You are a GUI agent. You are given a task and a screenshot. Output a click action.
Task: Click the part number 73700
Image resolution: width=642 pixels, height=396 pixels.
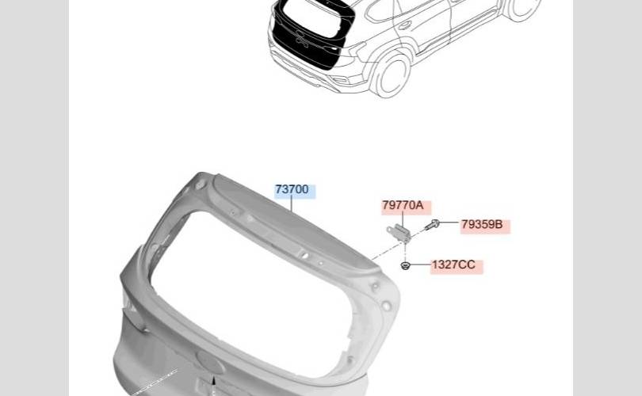point(292,190)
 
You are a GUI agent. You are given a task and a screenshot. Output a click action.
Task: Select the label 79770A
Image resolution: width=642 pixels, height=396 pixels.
point(403,205)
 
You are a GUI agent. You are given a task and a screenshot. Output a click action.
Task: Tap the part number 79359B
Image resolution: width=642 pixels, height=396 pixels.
point(482,225)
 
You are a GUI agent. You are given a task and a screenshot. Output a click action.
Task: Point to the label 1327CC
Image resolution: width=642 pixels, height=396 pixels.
point(453,265)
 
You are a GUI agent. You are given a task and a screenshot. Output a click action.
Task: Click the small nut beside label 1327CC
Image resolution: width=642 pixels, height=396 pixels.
point(405,266)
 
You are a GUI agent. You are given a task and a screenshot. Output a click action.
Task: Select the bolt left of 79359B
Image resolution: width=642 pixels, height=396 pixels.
point(432,225)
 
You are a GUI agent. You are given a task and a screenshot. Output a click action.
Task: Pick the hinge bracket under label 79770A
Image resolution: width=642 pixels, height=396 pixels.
point(398,232)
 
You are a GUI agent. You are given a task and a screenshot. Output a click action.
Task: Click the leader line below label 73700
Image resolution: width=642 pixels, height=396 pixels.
point(292,204)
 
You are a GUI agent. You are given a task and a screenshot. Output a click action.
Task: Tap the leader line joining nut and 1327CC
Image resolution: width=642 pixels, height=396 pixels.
point(421,265)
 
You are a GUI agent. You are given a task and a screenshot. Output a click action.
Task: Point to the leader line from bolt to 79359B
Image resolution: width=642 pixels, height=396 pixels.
point(449,223)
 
